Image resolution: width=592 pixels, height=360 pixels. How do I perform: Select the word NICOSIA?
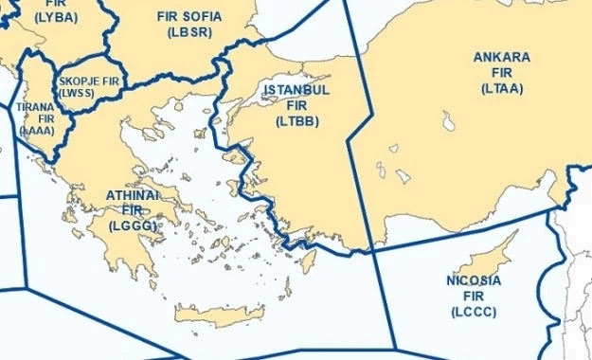pos(473,281)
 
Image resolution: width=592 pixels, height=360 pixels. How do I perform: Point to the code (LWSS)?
pos(76,94)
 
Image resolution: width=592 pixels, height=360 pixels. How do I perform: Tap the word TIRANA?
pos(35,108)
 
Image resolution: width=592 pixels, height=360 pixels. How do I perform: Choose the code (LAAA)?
pos(38,134)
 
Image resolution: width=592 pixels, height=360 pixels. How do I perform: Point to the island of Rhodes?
pos(307,259)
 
